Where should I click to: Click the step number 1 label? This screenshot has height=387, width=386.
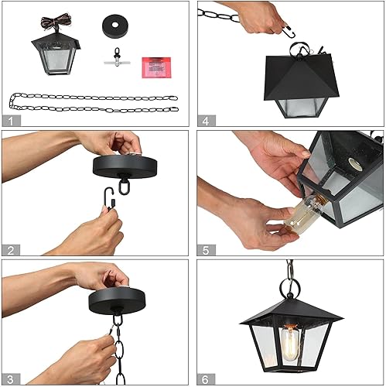coord(11,120)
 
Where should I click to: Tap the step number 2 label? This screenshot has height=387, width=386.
coord(11,248)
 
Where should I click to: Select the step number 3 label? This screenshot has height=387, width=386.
coord(11,378)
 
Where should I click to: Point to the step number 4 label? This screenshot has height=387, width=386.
coord(205,120)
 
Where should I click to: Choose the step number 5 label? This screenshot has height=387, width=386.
coord(205,248)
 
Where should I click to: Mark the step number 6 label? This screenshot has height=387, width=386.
coord(205,378)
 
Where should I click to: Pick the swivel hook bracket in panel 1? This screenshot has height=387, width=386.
coord(114,60)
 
